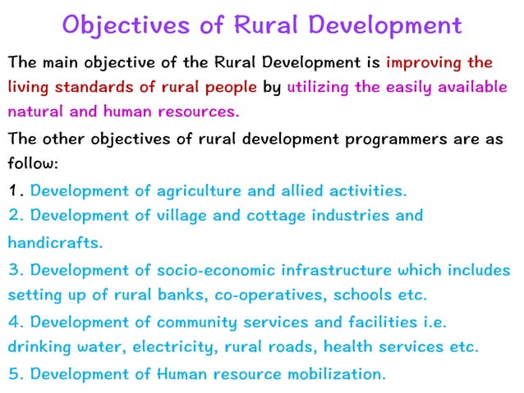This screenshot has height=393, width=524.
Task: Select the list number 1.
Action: pyautogui.click(x=14, y=191)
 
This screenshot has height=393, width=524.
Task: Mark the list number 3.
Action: pyautogui.click(x=14, y=269)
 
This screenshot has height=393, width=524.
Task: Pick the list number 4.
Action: pyautogui.click(x=14, y=322)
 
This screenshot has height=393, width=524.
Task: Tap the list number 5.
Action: pyautogui.click(x=14, y=374)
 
